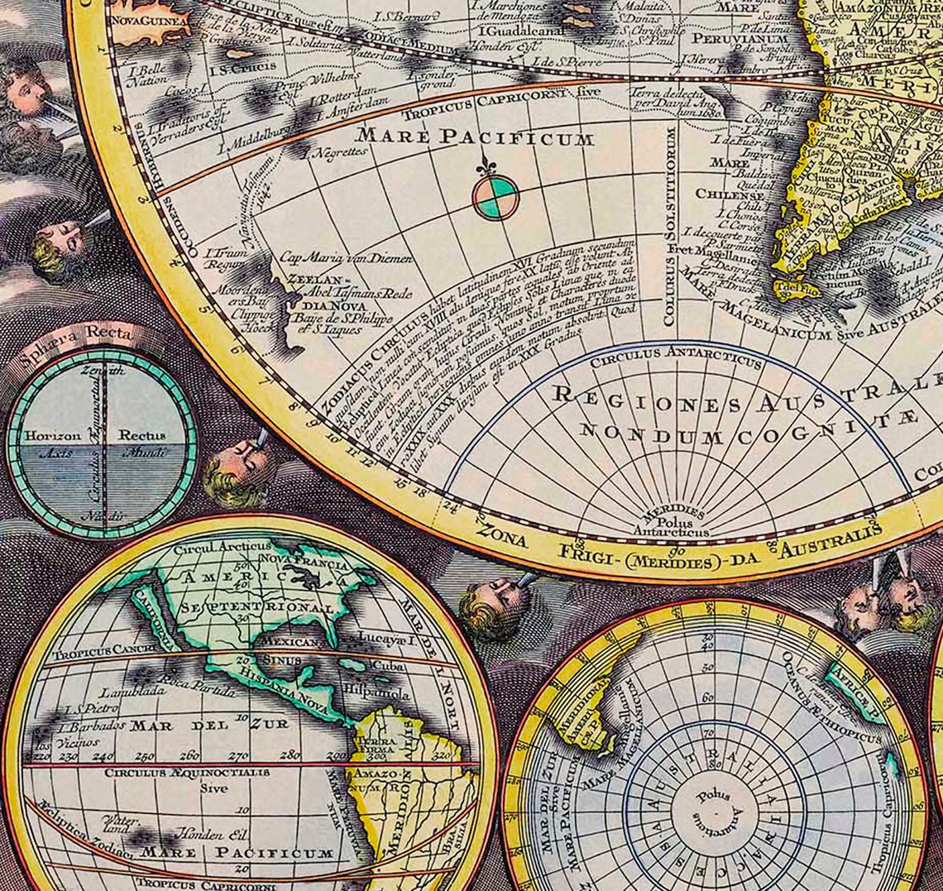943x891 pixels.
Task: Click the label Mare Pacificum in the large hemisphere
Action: [x=475, y=137]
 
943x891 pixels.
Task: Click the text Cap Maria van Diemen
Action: [x=345, y=258]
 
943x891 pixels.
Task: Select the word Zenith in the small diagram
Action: [x=103, y=371]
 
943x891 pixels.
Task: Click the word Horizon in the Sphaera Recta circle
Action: [x=53, y=435]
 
